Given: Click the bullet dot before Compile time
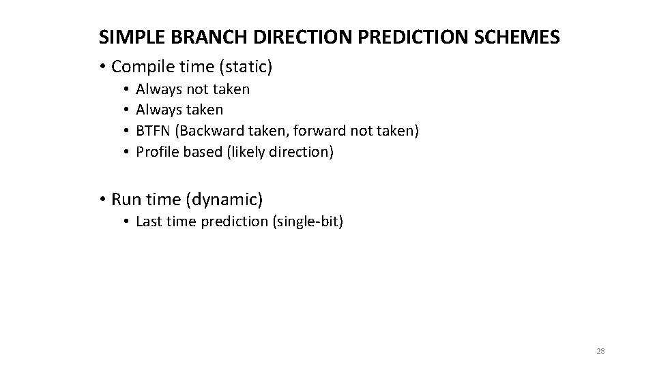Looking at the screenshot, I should [x=102, y=67].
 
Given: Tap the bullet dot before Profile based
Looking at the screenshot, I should [x=127, y=152].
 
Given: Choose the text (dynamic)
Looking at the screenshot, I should [x=226, y=200].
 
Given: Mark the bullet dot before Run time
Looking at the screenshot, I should [x=102, y=200].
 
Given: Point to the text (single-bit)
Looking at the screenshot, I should [x=308, y=221].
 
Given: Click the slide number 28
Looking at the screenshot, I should [x=600, y=351].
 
